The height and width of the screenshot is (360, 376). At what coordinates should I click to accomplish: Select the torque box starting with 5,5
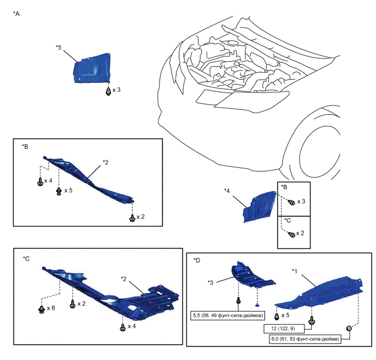227,316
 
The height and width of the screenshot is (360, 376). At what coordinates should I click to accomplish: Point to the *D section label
197,261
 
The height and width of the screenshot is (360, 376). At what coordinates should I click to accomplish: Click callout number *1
295,271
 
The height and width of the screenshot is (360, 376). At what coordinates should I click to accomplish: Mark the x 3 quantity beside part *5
118,90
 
